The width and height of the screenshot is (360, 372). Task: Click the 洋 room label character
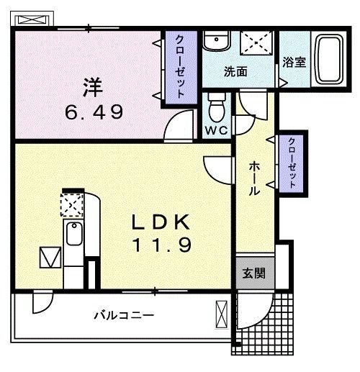pyautogui.click(x=93, y=87)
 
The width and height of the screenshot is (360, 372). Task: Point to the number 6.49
pyautogui.click(x=94, y=112)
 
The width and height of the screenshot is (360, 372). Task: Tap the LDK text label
pyautogui.click(x=161, y=222)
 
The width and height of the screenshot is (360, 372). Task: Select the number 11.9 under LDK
pyautogui.click(x=161, y=245)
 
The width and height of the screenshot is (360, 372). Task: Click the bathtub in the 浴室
pyautogui.click(x=328, y=59)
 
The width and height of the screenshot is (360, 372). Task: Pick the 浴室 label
pyautogui.click(x=294, y=63)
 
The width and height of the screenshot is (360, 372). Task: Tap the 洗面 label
pyautogui.click(x=235, y=71)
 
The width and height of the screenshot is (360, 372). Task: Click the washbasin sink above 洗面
pyautogui.click(x=217, y=41)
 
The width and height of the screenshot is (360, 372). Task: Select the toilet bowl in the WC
pyautogui.click(x=217, y=108)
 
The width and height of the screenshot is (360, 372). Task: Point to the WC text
pyautogui.click(x=216, y=130)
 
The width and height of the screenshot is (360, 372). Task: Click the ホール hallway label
pyautogui.click(x=254, y=178)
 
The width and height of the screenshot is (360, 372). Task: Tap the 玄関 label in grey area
pyautogui.click(x=253, y=273)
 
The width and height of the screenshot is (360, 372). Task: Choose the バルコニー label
pyautogui.click(x=124, y=315)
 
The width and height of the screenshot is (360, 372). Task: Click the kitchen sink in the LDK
pyautogui.click(x=74, y=234)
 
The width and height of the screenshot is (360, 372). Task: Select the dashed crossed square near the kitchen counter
pyautogui.click(x=72, y=205)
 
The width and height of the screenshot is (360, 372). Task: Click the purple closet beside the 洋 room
pyautogui.click(x=181, y=68)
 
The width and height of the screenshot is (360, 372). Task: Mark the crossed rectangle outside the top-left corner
pyautogui.click(x=32, y=19)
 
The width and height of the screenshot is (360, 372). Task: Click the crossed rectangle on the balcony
pyautogui.click(x=221, y=314)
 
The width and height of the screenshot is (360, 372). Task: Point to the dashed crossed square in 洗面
pyautogui.click(x=256, y=43)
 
